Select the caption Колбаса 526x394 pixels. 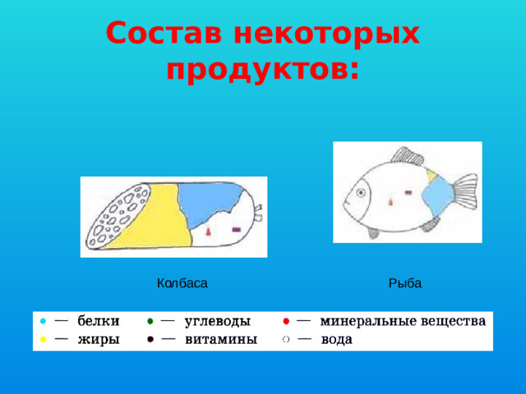[x=182, y=283]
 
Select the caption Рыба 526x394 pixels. [x=405, y=283]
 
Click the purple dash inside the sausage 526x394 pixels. [x=236, y=228]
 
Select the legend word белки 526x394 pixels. [x=99, y=320]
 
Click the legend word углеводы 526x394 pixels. [x=218, y=320]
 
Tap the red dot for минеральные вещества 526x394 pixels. [x=284, y=320]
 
